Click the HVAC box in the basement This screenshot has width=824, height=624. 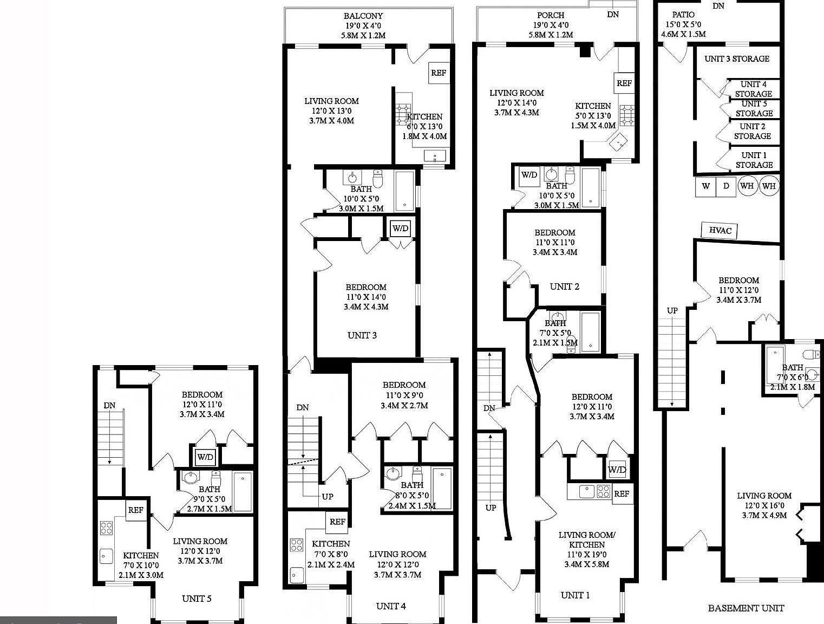[x=720, y=230]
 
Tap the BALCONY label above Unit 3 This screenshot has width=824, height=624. [x=363, y=16]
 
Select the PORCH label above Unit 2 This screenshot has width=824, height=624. [x=551, y=15]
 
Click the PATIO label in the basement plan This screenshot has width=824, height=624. [x=683, y=15]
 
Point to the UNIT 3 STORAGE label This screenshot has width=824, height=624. [x=737, y=58]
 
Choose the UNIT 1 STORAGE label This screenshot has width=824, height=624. [x=754, y=160]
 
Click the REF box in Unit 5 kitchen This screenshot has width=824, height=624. [x=135, y=510]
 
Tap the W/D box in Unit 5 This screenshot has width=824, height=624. [x=205, y=457]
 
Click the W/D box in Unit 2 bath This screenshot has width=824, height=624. [x=528, y=175]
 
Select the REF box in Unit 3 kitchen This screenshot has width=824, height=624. [x=438, y=72]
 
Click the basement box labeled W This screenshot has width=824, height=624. [x=706, y=186]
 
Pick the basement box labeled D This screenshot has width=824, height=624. [x=726, y=186]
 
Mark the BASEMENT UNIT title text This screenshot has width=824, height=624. [x=745, y=608]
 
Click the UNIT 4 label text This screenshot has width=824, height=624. [x=391, y=606]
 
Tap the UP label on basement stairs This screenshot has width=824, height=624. [x=672, y=310]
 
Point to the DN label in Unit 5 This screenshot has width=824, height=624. [x=109, y=405]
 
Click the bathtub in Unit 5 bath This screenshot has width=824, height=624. [x=243, y=491]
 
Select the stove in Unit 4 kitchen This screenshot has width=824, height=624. [x=296, y=544]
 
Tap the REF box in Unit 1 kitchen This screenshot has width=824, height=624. [x=622, y=493]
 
